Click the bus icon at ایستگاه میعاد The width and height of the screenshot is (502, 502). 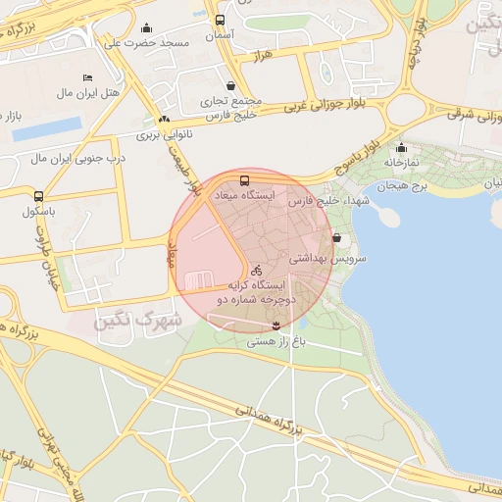(x=244, y=180)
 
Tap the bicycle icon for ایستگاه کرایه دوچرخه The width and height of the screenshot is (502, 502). (x=256, y=270)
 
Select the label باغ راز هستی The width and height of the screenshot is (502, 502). (x=276, y=341)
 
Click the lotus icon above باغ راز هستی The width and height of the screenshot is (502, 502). (x=276, y=325)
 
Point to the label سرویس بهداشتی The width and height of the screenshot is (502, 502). (x=328, y=258)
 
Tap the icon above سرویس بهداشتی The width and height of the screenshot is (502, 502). (x=337, y=238)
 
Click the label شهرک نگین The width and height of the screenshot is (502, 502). (x=139, y=320)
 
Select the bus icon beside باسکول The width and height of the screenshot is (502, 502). (x=38, y=196)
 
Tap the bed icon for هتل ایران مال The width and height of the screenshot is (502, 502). (x=87, y=77)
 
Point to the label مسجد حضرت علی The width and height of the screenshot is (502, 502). (x=146, y=44)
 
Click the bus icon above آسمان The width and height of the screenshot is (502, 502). (x=219, y=20)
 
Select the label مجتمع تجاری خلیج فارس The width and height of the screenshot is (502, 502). (x=231, y=106)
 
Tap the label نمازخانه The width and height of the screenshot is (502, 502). (x=401, y=162)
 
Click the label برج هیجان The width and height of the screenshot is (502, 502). (x=406, y=185)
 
